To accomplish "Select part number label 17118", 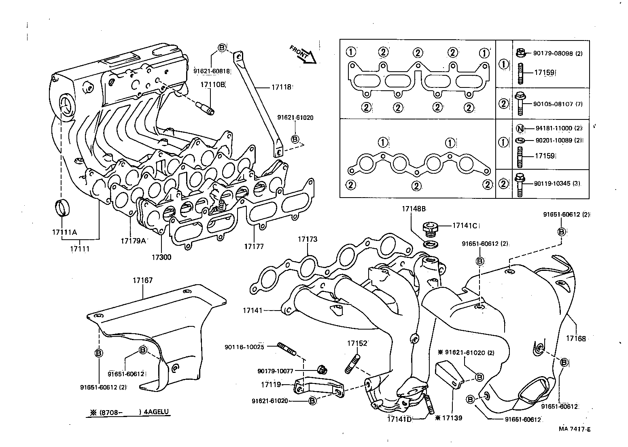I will tap(281, 87).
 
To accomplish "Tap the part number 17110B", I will tap(212, 84).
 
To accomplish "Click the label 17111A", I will tap(64, 232).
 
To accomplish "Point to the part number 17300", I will tap(161, 257).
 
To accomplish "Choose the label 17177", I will tap(254, 246).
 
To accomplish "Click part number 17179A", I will tap(133, 241).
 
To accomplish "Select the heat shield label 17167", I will tap(142, 280).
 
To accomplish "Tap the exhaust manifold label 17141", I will tap(252, 311).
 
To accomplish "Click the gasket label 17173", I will tap(308, 239).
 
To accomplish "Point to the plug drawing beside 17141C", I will tap(429, 228).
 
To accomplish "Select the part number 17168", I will tap(575, 338).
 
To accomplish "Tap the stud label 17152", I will tap(356, 343).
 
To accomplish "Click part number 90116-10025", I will tap(244, 347).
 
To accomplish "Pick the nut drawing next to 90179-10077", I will tap(322, 369).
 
